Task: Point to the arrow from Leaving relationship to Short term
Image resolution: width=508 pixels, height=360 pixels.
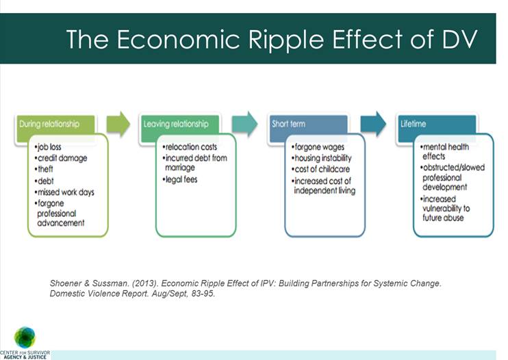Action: click(245, 123)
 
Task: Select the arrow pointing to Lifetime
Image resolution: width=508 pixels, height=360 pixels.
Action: click(373, 123)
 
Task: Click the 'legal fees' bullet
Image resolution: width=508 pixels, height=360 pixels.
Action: click(182, 179)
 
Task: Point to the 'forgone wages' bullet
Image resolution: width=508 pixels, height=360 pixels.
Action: click(320, 147)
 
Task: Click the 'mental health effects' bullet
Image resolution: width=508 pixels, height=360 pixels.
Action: click(448, 151)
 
